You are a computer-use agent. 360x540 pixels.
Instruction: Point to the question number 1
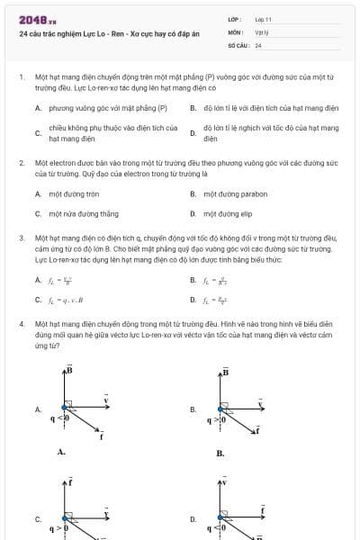(21, 77)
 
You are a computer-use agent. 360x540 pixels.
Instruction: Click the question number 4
(21, 322)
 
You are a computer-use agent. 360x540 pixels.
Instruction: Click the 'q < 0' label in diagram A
(60, 418)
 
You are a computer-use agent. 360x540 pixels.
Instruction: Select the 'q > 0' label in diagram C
(60, 528)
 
